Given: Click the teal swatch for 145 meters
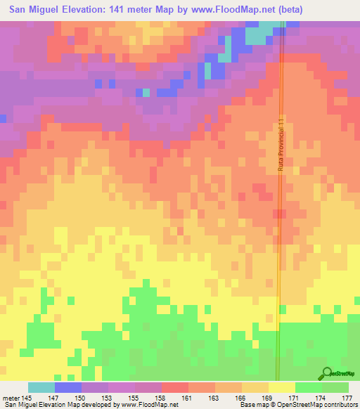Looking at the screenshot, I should (41, 387).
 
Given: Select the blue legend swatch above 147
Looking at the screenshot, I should (68, 387).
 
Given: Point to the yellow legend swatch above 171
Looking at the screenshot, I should (282, 387).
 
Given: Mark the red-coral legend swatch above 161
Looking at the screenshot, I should (175, 387).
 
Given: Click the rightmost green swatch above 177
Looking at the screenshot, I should (335, 387).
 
